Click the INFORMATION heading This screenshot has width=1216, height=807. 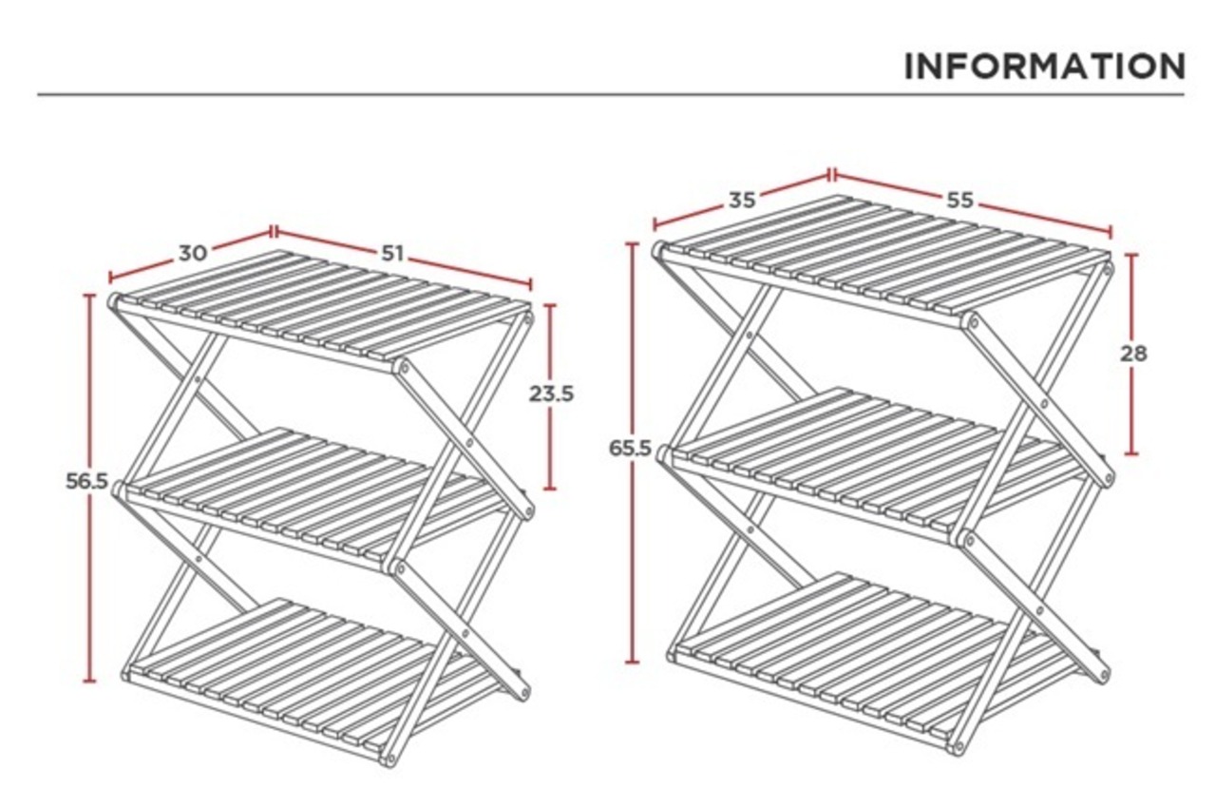point(1044,67)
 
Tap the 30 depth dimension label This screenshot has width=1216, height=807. point(193,253)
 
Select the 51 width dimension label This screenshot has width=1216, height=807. point(393,253)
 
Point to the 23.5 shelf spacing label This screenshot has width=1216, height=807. point(552,393)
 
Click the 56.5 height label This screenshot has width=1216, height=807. point(86,481)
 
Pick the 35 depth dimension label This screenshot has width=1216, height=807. point(743,201)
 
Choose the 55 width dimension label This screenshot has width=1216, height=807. point(960,201)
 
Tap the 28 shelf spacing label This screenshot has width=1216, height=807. point(1133,354)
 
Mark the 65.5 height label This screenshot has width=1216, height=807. point(631,448)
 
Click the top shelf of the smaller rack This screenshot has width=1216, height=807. point(323,304)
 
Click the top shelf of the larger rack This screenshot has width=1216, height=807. point(883,252)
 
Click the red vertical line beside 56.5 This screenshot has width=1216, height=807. point(90,570)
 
